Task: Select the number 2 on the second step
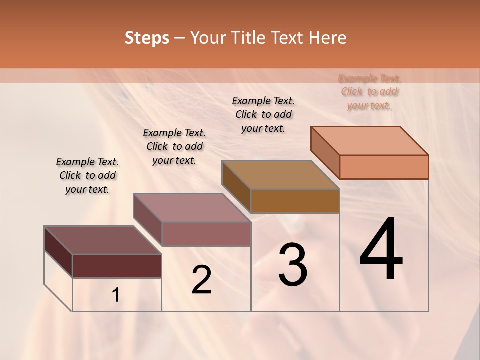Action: [x=201, y=280]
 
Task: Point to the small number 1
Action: [x=116, y=295]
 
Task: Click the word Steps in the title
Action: [x=147, y=38]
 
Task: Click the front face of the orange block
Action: [x=384, y=167]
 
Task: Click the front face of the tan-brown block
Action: [x=295, y=201]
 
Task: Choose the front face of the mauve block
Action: [x=206, y=234]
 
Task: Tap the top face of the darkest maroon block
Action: [x=103, y=240]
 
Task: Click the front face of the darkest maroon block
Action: [x=117, y=266]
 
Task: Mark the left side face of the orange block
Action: [x=325, y=152]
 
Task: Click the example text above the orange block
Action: [x=369, y=92]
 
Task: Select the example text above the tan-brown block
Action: [x=263, y=114]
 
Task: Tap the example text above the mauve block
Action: [x=174, y=146]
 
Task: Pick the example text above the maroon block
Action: [x=87, y=175]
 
